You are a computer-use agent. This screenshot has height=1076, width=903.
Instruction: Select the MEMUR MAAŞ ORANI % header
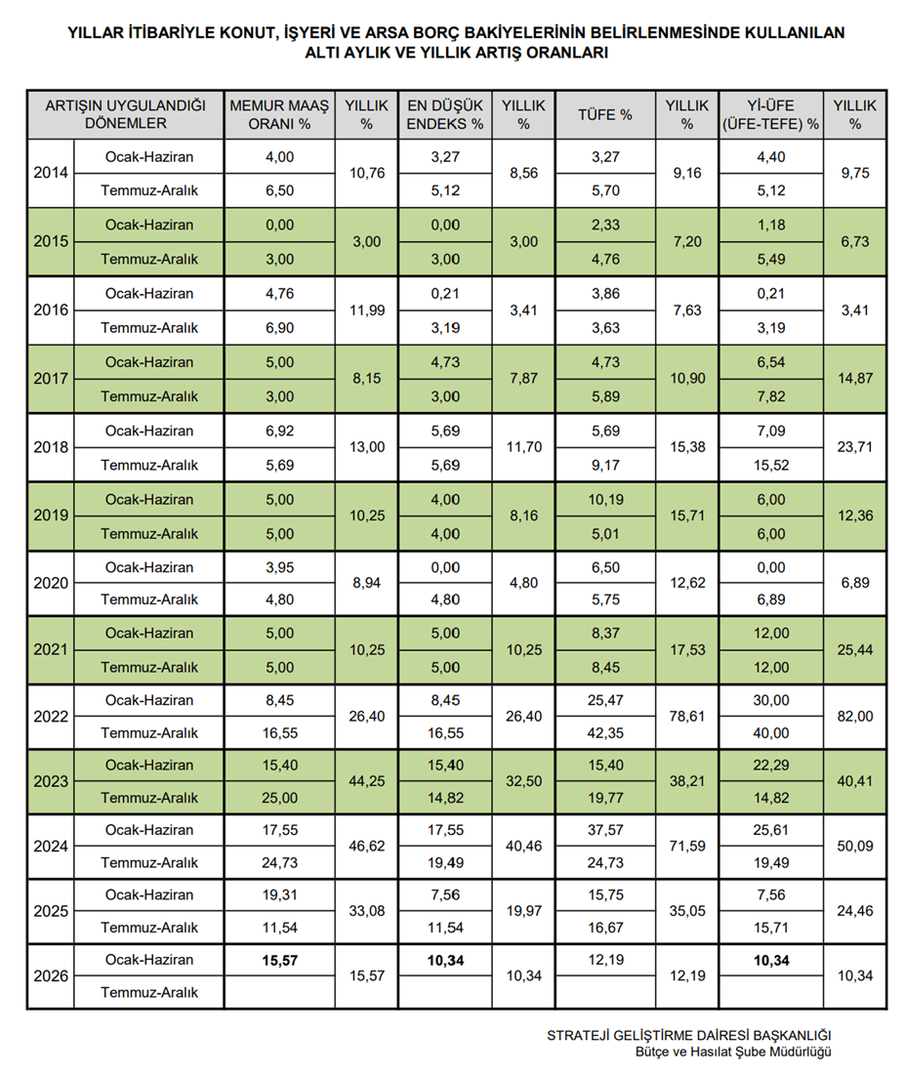tap(279, 115)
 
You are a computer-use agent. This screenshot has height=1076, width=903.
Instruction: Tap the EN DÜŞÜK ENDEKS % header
tap(444, 115)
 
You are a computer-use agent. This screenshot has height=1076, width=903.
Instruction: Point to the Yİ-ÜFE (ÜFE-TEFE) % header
tap(770, 115)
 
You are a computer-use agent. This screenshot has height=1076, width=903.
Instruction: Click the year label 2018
tap(50, 447)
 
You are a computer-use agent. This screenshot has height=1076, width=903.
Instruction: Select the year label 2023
tap(50, 781)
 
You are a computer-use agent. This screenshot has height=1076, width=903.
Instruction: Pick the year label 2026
tap(50, 975)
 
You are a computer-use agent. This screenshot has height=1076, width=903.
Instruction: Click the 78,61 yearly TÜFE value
tap(687, 717)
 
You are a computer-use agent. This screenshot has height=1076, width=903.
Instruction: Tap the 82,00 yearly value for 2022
tap(855, 717)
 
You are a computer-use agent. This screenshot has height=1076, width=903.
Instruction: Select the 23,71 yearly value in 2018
tap(855, 447)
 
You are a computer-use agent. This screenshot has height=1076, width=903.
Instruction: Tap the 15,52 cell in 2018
tap(770, 465)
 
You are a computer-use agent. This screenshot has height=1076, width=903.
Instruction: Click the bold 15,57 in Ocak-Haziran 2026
tap(279, 960)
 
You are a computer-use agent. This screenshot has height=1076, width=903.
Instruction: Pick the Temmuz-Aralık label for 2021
tap(149, 668)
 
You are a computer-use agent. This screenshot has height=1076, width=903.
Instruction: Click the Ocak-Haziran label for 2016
tap(149, 294)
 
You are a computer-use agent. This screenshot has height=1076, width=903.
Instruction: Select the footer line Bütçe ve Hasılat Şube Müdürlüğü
tap(732, 1052)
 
